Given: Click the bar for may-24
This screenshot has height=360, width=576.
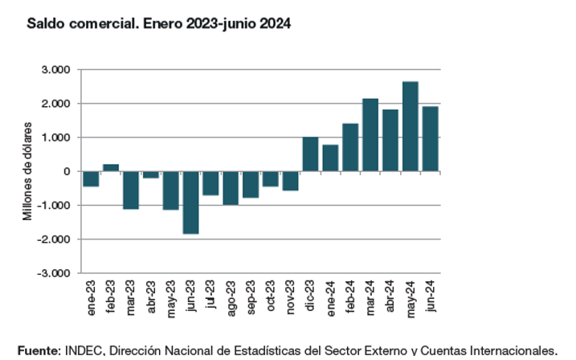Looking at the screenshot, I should [410, 126].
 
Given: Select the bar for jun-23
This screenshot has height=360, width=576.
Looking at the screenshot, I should [190, 202].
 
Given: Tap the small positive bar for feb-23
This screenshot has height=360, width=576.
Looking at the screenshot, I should [111, 167].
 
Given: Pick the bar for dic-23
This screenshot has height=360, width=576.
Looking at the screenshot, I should [310, 154].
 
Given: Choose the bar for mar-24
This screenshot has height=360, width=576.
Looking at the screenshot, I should [370, 135].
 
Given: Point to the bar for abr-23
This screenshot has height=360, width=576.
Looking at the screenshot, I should [150, 174].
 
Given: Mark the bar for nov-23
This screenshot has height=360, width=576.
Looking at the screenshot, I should [290, 181].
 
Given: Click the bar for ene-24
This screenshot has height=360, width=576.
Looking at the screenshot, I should [330, 157].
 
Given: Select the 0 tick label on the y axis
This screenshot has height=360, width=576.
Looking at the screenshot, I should [68, 171].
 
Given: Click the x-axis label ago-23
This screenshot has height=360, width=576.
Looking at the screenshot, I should [231, 296].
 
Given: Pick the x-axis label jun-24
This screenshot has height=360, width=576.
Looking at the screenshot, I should [430, 296].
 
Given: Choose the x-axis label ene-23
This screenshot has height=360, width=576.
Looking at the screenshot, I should [91, 296].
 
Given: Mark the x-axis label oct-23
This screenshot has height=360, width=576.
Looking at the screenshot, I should [271, 296].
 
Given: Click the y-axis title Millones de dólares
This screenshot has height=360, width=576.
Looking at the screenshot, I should [28, 171].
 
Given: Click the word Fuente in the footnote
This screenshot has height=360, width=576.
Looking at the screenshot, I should [37, 350].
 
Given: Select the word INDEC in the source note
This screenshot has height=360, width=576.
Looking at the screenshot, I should [84, 350].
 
